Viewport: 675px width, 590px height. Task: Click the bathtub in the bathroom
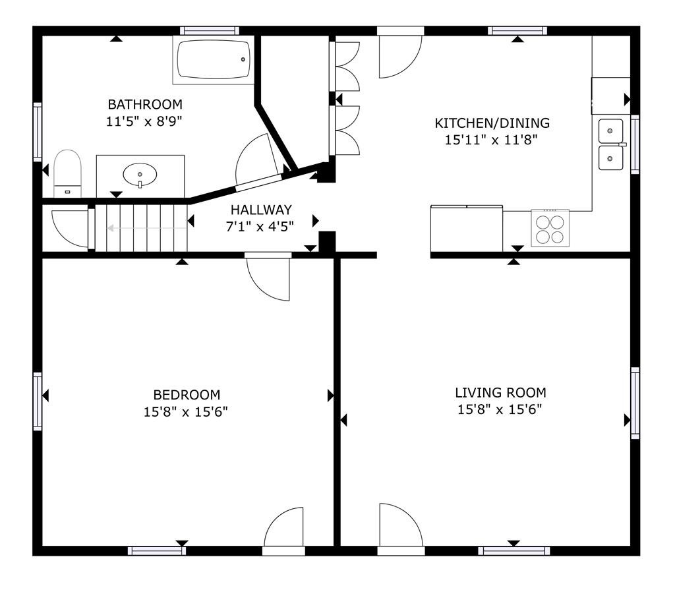(x=214, y=59)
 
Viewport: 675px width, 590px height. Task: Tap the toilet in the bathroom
(x=68, y=173)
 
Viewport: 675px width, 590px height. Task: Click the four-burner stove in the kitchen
(x=550, y=228)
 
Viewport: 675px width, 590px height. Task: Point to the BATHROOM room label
(x=145, y=104)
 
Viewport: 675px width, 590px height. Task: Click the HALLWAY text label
(x=261, y=210)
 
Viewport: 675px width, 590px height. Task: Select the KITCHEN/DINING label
(x=492, y=123)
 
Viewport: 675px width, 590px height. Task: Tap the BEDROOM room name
(x=187, y=394)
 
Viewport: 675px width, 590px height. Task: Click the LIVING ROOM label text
(x=501, y=392)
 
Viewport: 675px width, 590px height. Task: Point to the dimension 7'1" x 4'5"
(x=260, y=226)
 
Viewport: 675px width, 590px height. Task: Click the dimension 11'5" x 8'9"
(x=144, y=121)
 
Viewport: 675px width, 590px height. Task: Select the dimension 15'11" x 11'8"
(x=491, y=140)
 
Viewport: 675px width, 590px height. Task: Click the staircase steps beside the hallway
(x=141, y=228)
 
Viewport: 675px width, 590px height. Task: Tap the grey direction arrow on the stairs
(x=147, y=228)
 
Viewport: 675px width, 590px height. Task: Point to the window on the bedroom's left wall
(x=38, y=401)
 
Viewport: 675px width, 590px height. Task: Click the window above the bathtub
(x=209, y=30)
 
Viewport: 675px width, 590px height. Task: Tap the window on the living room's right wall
(x=635, y=403)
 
